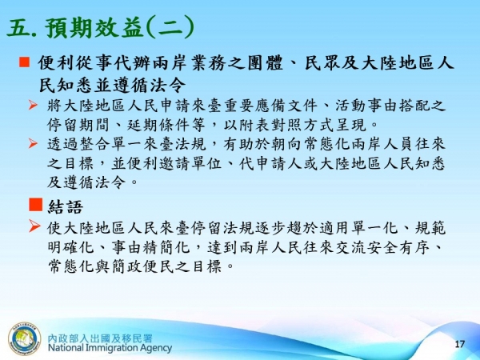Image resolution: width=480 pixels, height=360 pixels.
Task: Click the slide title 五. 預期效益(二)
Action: point(100,28)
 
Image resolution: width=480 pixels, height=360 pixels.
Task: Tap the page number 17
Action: point(459,343)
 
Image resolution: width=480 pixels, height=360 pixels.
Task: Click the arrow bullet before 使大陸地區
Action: point(34,227)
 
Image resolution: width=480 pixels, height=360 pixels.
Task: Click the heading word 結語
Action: point(65,206)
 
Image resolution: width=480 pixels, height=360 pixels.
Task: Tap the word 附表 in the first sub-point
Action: point(270,125)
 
